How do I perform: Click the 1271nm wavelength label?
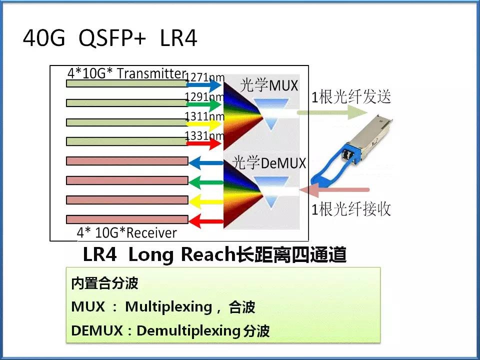point(205,77)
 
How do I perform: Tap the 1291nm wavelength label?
point(204,96)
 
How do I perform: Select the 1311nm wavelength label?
point(204,116)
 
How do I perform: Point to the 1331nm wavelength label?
point(204,135)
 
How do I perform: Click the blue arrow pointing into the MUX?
point(203,85)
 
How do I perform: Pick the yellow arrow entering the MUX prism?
point(203,124)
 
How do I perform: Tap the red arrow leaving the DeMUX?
point(206,221)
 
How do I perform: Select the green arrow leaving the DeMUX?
point(206,182)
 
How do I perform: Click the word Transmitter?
point(151,73)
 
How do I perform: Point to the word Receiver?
point(151,233)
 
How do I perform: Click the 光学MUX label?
point(269,85)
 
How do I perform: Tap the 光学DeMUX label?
point(269,162)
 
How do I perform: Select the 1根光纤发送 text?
point(351,96)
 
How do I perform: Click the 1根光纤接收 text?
point(351,209)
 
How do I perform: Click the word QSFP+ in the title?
point(112,38)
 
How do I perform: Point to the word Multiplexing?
point(168,306)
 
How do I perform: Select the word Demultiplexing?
point(188,331)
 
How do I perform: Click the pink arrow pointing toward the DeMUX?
point(334,190)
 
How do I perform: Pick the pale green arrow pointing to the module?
point(332,112)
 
